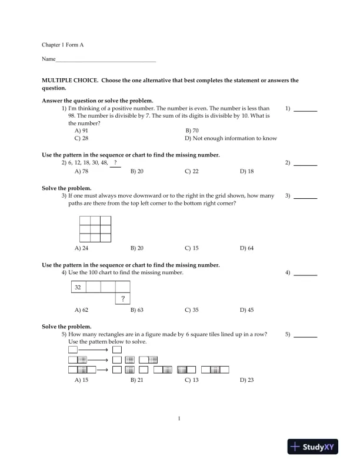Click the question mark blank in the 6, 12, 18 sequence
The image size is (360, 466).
[x=115, y=163]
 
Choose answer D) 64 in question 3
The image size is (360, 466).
[x=246, y=248]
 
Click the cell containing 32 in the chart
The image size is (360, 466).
[x=78, y=287]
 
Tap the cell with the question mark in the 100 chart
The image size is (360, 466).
[x=122, y=299]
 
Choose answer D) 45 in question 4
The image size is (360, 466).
[x=246, y=309]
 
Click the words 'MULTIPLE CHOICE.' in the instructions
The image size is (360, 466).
[x=66, y=81]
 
